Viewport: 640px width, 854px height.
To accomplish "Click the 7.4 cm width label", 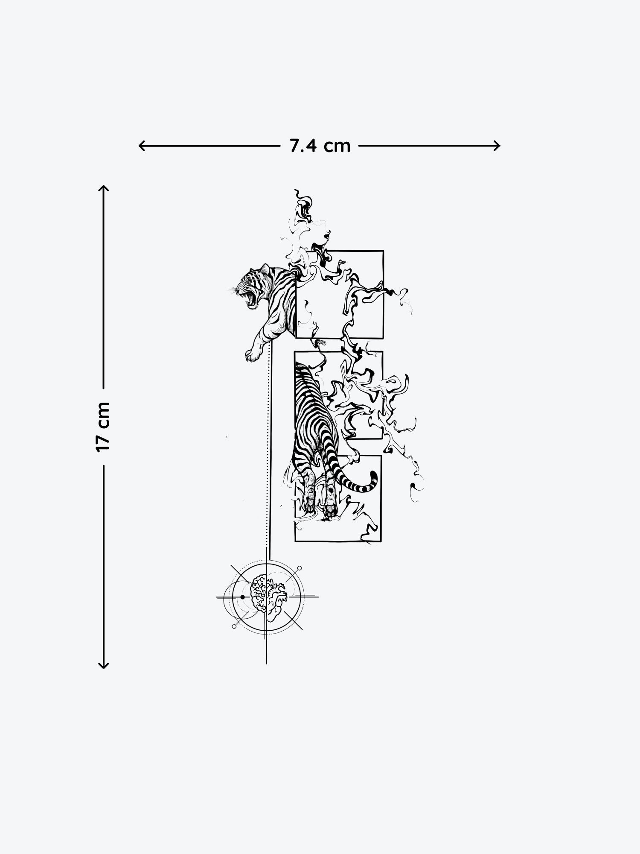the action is click(x=320, y=146).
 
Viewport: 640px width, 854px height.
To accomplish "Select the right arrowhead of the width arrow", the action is click(x=496, y=146).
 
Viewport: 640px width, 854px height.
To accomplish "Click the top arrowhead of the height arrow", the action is click(x=104, y=189).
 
